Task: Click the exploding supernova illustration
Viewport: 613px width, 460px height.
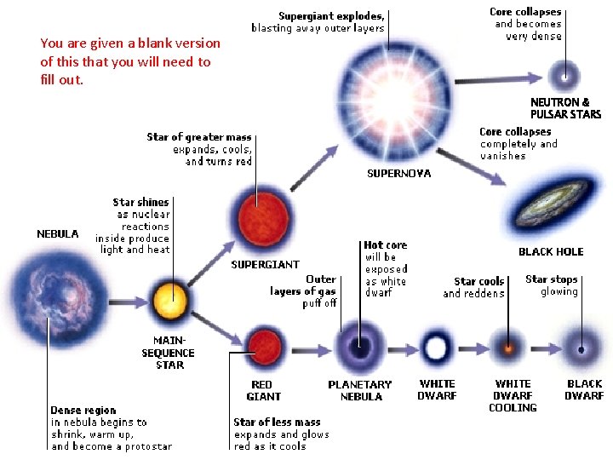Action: click(385, 94)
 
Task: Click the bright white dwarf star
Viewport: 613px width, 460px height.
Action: click(436, 348)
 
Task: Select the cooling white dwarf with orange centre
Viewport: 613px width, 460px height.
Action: click(510, 348)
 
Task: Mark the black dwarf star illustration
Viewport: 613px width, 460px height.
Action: click(583, 348)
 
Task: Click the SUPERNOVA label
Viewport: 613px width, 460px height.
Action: click(398, 174)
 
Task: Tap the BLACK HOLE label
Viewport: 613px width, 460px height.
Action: click(551, 252)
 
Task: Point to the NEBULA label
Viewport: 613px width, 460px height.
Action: click(58, 233)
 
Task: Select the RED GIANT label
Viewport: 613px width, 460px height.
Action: click(263, 391)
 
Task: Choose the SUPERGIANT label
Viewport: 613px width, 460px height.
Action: click(266, 265)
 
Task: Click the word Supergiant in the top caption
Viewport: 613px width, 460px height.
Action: click(306, 15)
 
